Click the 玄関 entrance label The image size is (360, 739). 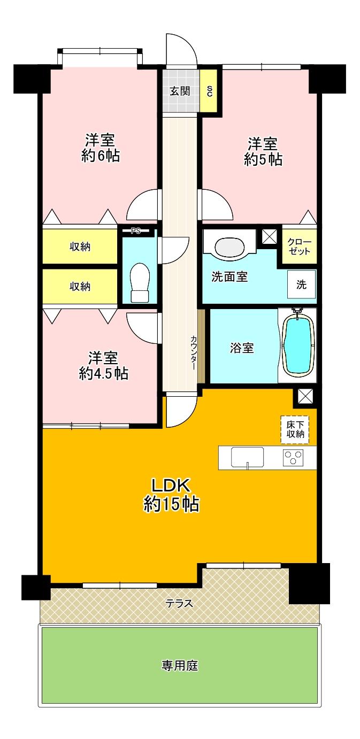[180, 91]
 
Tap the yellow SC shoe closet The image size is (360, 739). [209, 91]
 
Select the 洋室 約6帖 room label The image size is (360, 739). [101, 149]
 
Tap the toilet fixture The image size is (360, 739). [139, 282]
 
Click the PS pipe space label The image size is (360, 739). [136, 232]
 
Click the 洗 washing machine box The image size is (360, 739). [302, 284]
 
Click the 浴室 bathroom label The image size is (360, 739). [242, 348]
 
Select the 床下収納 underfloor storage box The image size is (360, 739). [295, 429]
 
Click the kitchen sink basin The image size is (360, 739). [247, 457]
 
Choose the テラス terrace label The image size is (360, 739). [179, 603]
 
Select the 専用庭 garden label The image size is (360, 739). [180, 666]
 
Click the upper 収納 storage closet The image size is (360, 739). [80, 247]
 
